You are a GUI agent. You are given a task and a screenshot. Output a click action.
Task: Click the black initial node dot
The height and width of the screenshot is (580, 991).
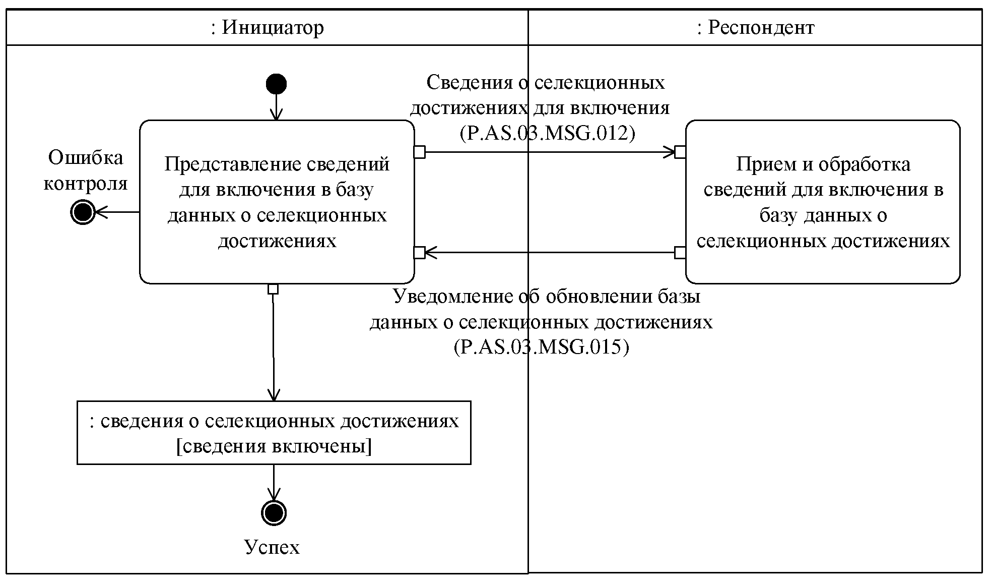pos(276,84)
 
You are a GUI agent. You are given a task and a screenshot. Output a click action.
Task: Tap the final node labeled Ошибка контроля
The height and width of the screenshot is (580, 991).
pos(82,212)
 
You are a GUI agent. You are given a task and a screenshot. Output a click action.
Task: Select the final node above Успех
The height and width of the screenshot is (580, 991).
pos(274,513)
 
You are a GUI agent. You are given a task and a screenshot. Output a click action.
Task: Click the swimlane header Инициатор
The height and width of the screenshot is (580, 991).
pos(267,27)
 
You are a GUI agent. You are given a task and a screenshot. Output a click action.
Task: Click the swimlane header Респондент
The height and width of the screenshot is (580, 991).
pos(755,27)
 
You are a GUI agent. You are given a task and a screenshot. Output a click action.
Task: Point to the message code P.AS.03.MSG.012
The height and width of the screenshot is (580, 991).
pos(547,134)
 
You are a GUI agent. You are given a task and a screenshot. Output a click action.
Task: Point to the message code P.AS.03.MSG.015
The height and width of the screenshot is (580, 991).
pos(542,347)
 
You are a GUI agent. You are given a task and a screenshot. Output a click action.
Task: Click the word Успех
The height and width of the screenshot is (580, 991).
pos(272,547)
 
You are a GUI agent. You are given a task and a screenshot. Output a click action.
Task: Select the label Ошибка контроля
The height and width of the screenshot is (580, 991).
pos(86,170)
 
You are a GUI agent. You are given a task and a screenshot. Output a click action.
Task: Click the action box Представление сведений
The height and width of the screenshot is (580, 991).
pos(277,202)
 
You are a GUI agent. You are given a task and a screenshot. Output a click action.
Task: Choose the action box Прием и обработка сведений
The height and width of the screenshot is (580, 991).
pos(822,202)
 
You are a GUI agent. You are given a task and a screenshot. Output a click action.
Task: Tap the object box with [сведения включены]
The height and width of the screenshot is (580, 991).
pos(274,433)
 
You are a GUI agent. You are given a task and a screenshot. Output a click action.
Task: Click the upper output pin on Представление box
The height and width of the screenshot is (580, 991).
pos(419,152)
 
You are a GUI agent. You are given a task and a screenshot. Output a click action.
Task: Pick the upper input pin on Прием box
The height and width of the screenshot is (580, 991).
pos(680,152)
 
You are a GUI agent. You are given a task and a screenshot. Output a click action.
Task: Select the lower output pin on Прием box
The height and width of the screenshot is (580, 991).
pos(680,252)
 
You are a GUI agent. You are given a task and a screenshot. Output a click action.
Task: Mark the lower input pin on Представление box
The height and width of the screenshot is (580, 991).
pos(419,252)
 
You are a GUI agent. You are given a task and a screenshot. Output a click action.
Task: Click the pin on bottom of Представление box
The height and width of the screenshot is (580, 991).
pos(273,289)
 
